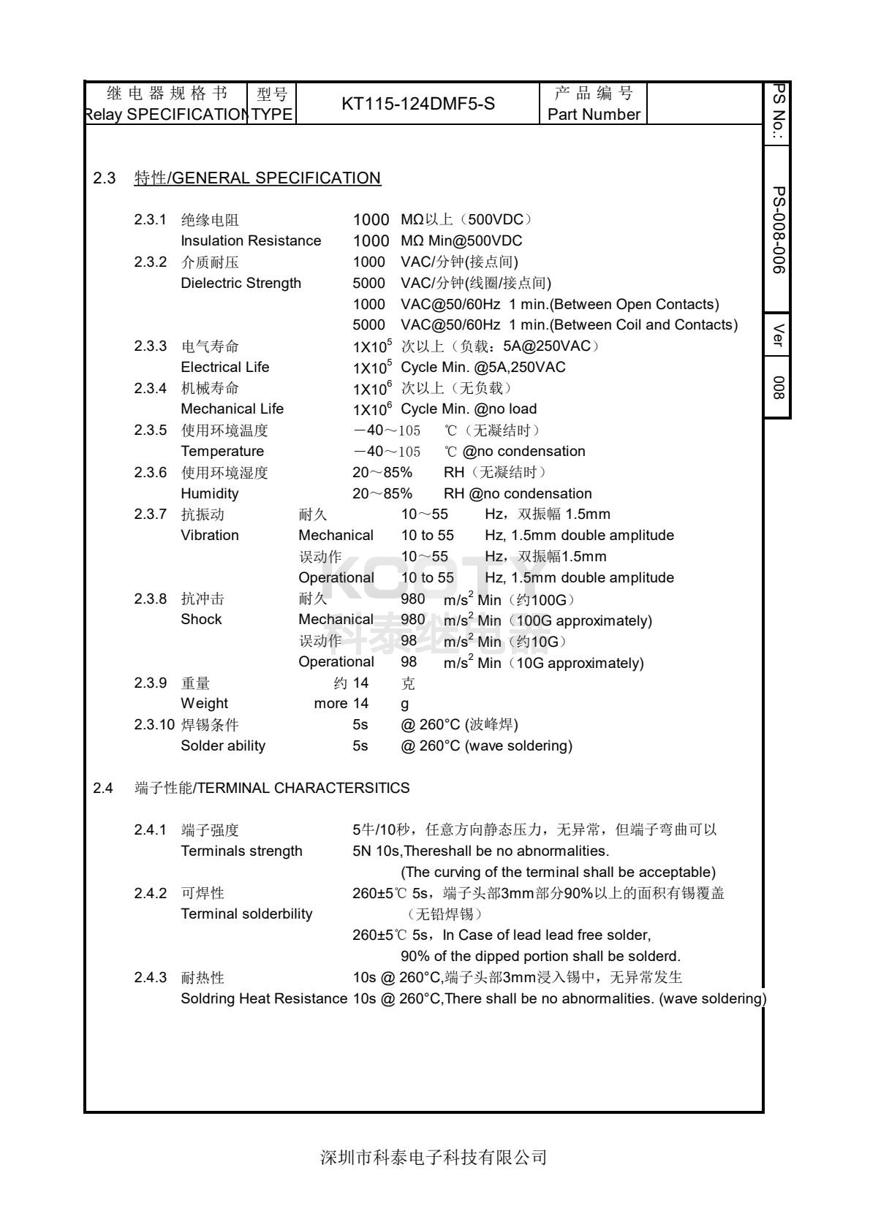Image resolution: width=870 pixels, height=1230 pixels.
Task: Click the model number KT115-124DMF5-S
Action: click(x=417, y=104)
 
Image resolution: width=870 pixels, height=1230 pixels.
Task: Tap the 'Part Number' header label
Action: click(x=594, y=115)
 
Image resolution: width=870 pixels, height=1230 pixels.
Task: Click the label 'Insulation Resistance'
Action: click(x=251, y=240)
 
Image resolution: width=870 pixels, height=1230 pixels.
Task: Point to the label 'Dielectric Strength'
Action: click(x=241, y=283)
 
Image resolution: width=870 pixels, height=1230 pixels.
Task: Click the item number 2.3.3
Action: click(x=151, y=346)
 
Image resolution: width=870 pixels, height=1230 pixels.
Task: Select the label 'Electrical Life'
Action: click(x=225, y=367)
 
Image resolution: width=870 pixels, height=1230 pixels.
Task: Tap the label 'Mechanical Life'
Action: click(x=232, y=409)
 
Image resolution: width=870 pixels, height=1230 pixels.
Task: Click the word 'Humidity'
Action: click(x=210, y=493)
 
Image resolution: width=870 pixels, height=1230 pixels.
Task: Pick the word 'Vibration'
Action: click(x=210, y=535)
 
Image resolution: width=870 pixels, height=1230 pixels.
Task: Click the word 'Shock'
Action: click(x=201, y=619)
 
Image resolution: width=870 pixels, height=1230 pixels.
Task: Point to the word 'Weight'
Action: click(x=205, y=703)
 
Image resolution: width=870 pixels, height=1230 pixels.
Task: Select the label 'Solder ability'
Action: click(x=223, y=745)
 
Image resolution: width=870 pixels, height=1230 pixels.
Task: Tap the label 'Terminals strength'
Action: click(x=241, y=851)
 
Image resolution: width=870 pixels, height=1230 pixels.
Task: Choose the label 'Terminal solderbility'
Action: click(x=246, y=914)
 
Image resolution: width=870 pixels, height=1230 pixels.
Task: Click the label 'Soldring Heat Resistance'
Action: click(x=264, y=998)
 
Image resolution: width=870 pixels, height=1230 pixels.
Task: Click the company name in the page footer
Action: click(x=434, y=1158)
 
